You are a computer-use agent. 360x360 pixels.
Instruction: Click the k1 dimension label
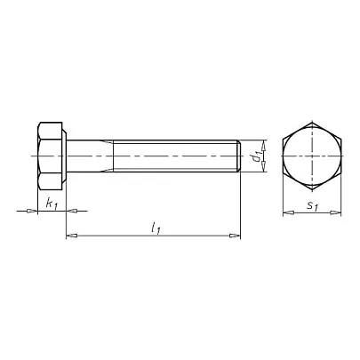click(x=52, y=204)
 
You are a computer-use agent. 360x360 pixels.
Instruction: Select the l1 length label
click(x=156, y=228)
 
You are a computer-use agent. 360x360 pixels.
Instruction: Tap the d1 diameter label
click(x=256, y=156)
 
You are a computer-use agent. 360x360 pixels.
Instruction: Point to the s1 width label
click(x=312, y=205)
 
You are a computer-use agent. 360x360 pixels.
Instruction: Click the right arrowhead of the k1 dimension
click(x=71, y=211)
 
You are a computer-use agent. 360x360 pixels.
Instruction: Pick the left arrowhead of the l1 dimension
click(x=71, y=236)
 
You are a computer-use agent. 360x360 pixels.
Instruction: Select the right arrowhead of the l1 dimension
click(x=235, y=236)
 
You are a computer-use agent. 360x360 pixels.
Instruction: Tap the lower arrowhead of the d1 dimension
click(x=263, y=166)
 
